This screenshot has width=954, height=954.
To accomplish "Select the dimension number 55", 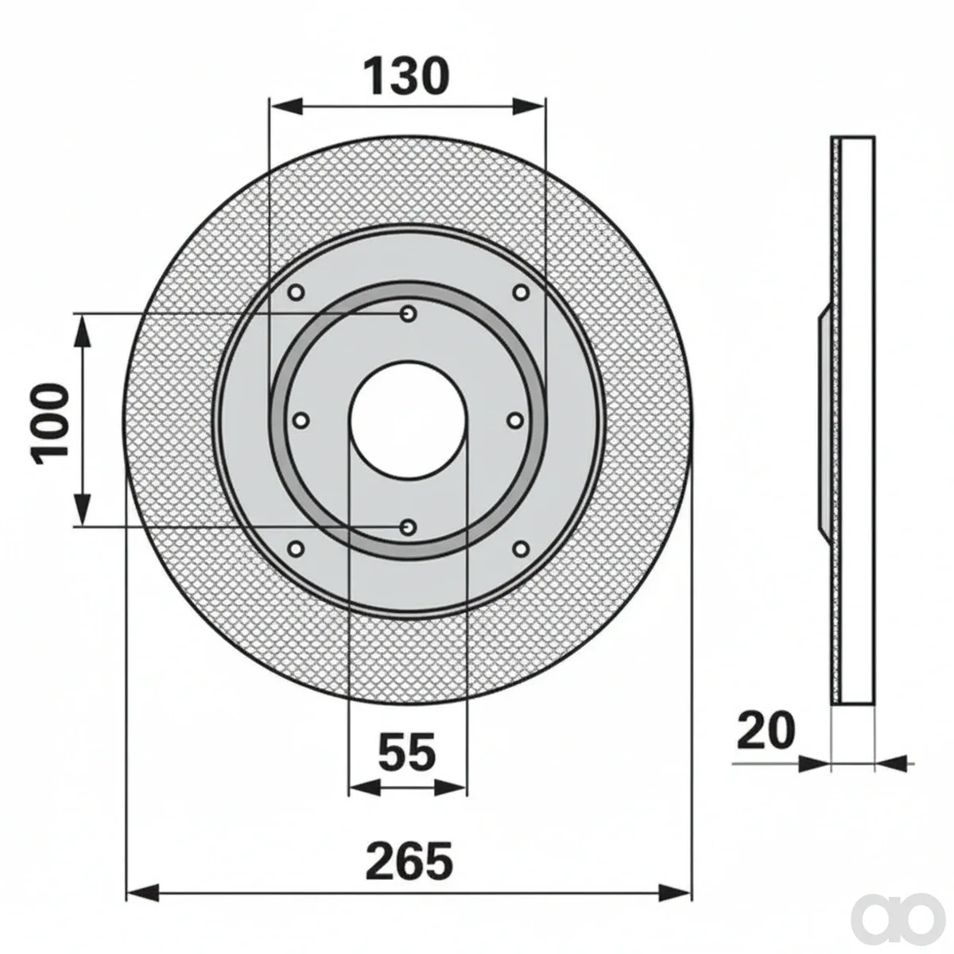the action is (x=407, y=708).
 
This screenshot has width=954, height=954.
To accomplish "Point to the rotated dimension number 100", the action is (x=49, y=421).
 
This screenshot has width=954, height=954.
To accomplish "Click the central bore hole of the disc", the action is (x=408, y=421).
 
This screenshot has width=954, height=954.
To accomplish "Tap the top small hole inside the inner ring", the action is (x=409, y=313).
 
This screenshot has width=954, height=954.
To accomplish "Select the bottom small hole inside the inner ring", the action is (x=409, y=527).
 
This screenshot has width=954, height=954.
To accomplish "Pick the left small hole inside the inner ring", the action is (x=301, y=421).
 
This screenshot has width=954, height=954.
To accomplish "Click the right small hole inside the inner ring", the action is (x=515, y=421).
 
